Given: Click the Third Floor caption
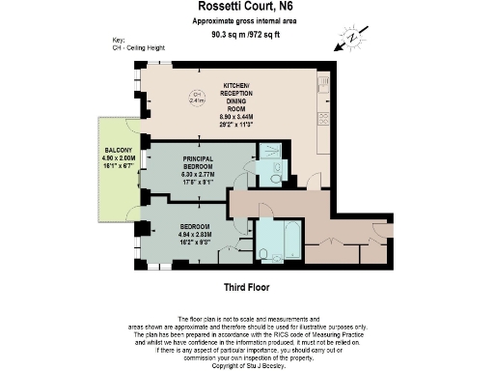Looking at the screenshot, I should click(x=246, y=287).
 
